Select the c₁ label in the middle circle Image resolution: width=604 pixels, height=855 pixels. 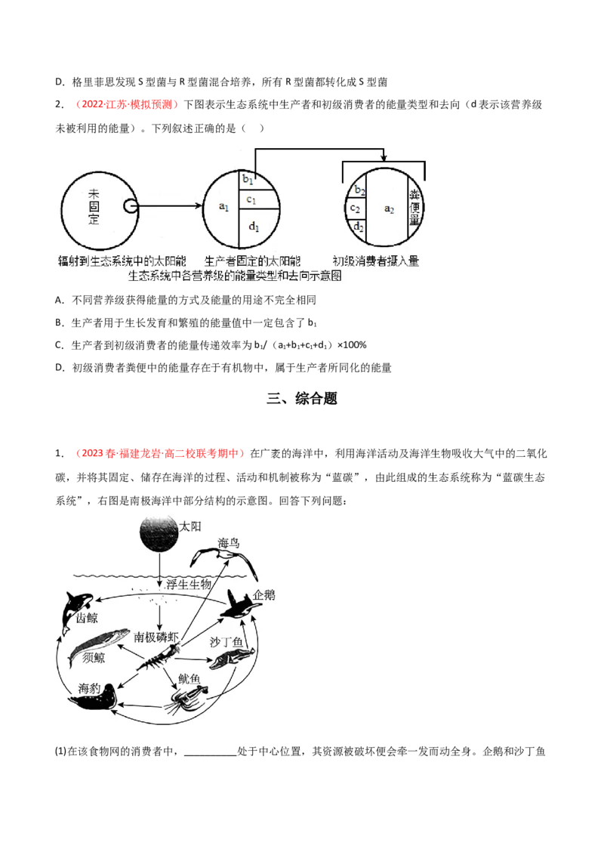click(251, 199)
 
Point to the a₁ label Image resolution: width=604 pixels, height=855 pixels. click(223, 207)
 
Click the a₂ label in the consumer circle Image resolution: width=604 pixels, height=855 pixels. click(389, 209)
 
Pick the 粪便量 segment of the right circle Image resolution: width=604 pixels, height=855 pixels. click(415, 208)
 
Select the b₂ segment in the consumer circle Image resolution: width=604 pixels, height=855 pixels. click(358, 189)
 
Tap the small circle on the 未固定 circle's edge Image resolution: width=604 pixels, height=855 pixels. click(131, 206)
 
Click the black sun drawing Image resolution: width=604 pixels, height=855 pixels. click(159, 534)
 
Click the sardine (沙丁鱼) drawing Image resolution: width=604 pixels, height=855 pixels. click(232, 658)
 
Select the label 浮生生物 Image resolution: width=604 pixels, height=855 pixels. click(189, 585)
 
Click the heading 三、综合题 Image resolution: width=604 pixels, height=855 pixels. click(302, 399)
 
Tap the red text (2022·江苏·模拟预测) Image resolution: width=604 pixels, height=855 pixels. click(127, 104)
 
